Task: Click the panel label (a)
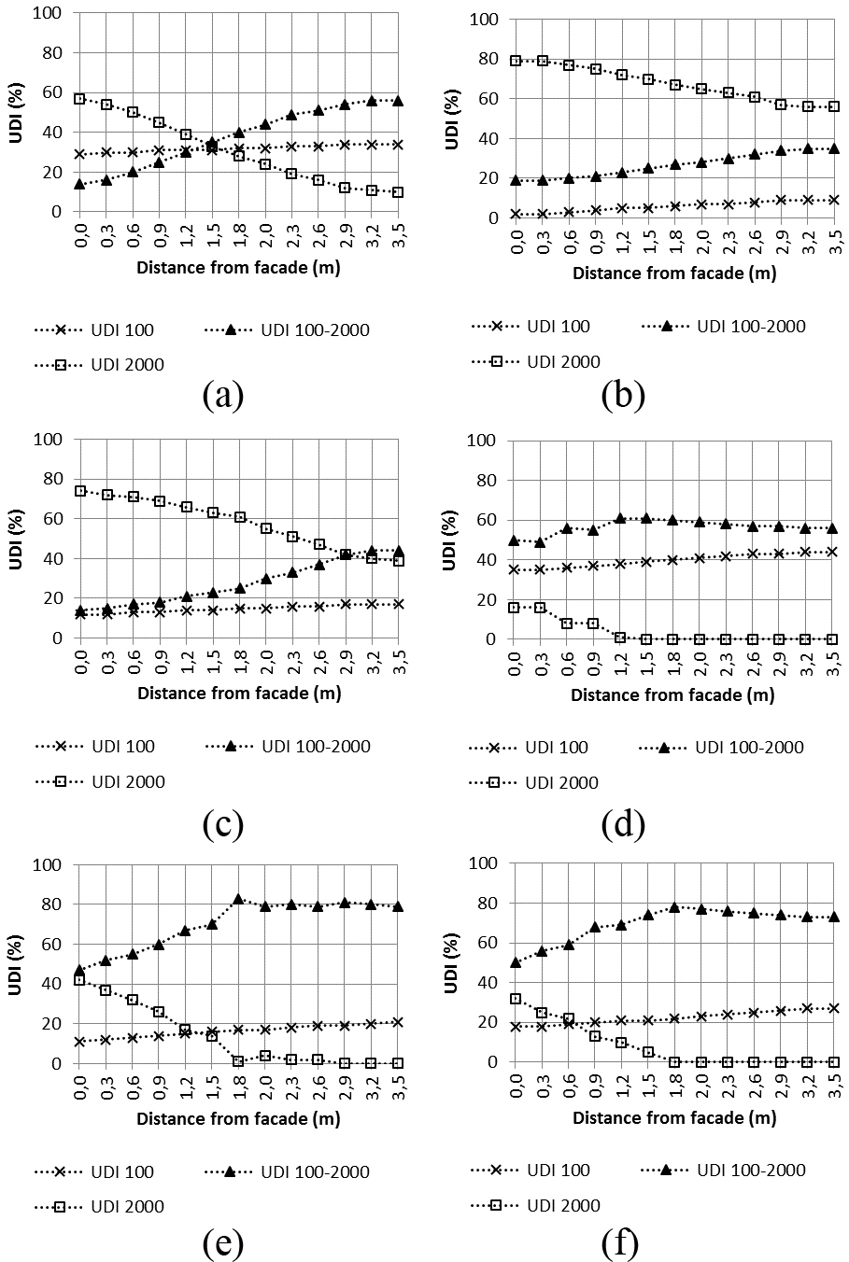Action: pos(222,395)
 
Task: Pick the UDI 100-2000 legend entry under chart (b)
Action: pos(723,326)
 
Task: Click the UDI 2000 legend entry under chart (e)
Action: pos(99,1206)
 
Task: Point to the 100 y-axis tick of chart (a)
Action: pos(48,12)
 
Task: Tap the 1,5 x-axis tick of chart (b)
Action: pos(649,240)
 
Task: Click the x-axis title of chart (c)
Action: pos(240,693)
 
